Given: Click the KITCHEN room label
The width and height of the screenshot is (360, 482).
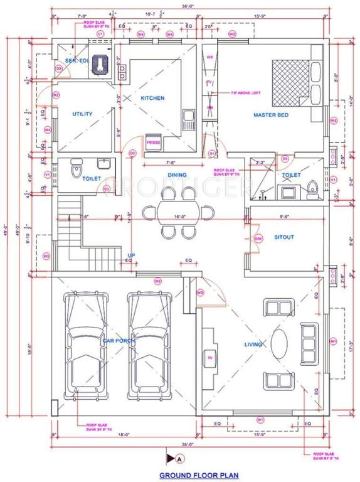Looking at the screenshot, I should [x=152, y=99].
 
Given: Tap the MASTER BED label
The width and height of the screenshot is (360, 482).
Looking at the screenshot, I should [x=270, y=115].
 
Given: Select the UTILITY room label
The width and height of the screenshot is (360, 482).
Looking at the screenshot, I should [x=83, y=114].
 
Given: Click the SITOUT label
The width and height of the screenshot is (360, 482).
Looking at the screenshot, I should [x=284, y=237].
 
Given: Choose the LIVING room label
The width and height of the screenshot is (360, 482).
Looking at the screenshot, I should [x=255, y=345].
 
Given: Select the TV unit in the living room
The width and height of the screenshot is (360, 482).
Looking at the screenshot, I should [x=210, y=358].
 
